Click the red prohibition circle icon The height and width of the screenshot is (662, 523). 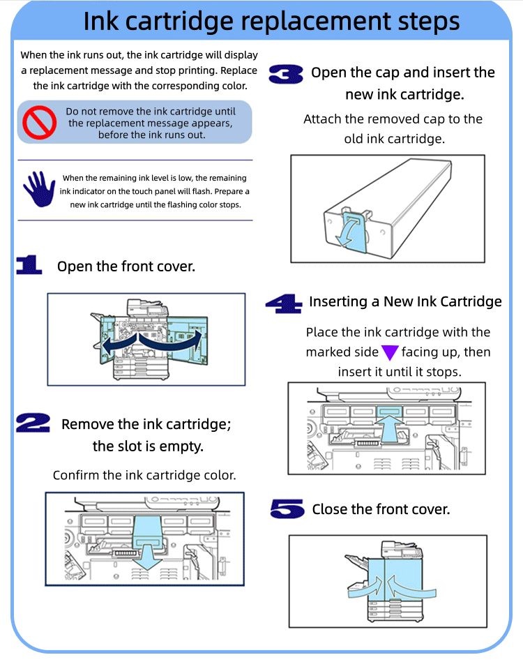(x=39, y=122)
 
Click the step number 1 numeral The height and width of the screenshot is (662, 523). (x=29, y=264)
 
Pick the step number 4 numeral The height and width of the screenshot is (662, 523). (x=283, y=303)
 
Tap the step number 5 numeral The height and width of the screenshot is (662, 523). (x=287, y=509)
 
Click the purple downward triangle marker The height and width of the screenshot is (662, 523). (x=390, y=352)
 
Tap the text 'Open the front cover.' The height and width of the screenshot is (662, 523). (x=126, y=266)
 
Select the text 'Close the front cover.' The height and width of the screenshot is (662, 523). (x=381, y=509)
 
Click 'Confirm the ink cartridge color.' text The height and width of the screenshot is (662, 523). (x=144, y=475)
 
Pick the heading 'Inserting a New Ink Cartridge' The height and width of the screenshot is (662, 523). (x=405, y=301)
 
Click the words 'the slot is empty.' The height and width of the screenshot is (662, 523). (x=148, y=446)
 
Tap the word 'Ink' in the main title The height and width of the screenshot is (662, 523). (x=102, y=21)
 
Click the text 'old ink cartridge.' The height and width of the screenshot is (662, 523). (x=394, y=139)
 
